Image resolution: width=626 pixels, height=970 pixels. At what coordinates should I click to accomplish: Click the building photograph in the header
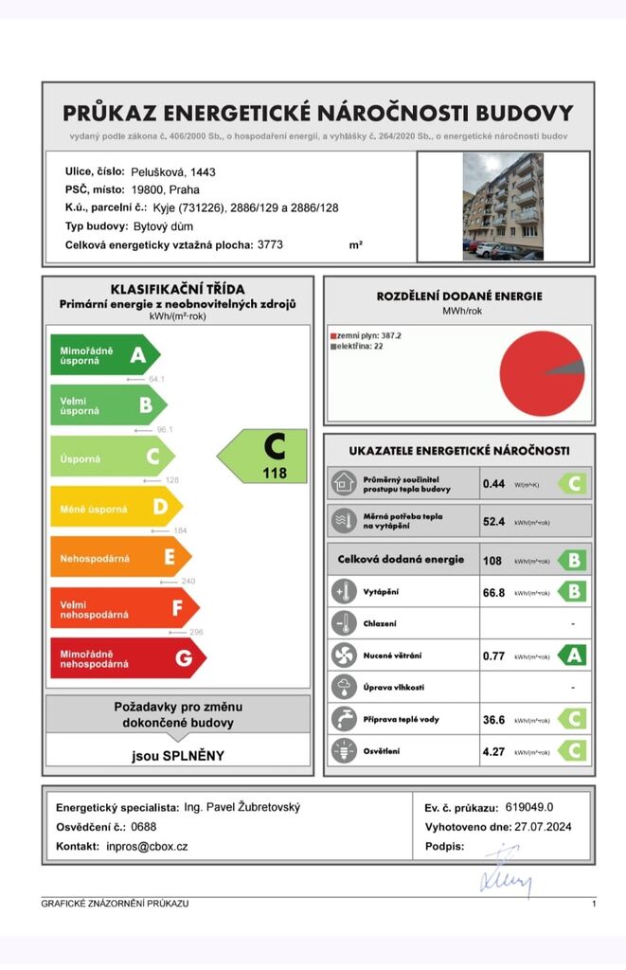point(503,207)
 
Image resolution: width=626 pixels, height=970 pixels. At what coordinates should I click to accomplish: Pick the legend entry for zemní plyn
point(365,335)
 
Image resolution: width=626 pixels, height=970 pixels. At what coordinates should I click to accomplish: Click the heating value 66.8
point(494,592)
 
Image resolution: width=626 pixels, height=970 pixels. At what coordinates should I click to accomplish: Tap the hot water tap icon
point(343,719)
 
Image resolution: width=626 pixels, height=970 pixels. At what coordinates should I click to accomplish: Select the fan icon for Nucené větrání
point(343,655)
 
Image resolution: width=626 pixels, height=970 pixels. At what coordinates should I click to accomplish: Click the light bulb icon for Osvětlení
point(343,751)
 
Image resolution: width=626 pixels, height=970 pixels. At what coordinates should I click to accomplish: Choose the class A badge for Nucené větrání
point(571,655)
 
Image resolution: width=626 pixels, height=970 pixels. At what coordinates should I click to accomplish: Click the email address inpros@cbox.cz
point(147,846)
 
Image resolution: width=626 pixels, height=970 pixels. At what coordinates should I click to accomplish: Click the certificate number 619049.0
point(529,807)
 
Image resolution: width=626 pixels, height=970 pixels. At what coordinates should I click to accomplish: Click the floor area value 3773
point(270,244)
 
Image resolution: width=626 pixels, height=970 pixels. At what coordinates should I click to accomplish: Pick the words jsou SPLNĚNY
point(178,756)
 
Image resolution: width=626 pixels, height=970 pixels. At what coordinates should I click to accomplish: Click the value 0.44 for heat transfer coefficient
point(493,484)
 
